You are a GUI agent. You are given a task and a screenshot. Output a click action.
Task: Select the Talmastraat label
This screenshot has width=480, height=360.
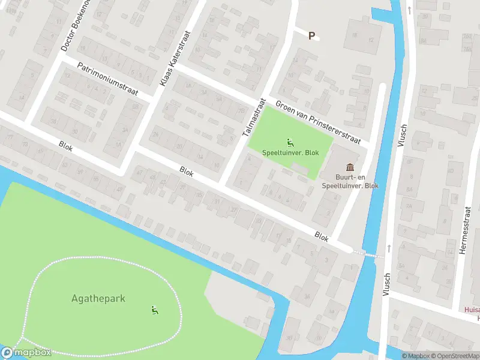point(253,116)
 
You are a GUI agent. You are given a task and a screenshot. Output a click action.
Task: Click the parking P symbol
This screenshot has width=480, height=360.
point(311,36)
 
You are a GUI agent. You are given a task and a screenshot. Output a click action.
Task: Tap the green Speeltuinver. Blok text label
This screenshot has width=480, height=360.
point(290,153)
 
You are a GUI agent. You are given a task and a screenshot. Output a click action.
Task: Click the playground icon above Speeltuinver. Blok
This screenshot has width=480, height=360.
point(290,143)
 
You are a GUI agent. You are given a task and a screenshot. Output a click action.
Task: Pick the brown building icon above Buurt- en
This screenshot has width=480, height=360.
point(350,167)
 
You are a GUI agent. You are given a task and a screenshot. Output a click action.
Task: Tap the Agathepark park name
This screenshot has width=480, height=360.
point(98,298)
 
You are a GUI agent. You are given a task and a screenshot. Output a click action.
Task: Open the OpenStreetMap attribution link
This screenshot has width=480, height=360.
point(456,356)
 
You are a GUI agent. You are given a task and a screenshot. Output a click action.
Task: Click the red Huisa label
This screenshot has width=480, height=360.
point(472,310)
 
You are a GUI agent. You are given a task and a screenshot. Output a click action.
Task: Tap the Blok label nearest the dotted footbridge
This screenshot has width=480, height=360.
point(322,238)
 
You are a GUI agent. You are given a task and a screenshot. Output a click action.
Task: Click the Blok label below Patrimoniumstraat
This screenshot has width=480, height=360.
point(66,145)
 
